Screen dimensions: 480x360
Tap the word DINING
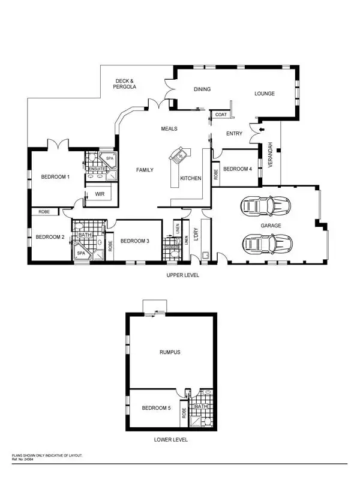tap(202, 89)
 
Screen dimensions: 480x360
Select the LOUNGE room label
tap(264, 94)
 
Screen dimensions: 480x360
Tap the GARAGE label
tap(271, 226)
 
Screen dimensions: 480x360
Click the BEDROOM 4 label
tap(238, 169)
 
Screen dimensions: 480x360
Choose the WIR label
tap(100, 194)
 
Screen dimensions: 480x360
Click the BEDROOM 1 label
tap(55, 177)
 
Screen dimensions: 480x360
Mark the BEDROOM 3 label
tap(135, 241)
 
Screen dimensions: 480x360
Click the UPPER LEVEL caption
tap(182, 275)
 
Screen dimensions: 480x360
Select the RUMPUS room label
tap(170, 352)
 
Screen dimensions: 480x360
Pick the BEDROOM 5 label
tap(156, 408)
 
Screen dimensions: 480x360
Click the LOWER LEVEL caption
tap(170, 440)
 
